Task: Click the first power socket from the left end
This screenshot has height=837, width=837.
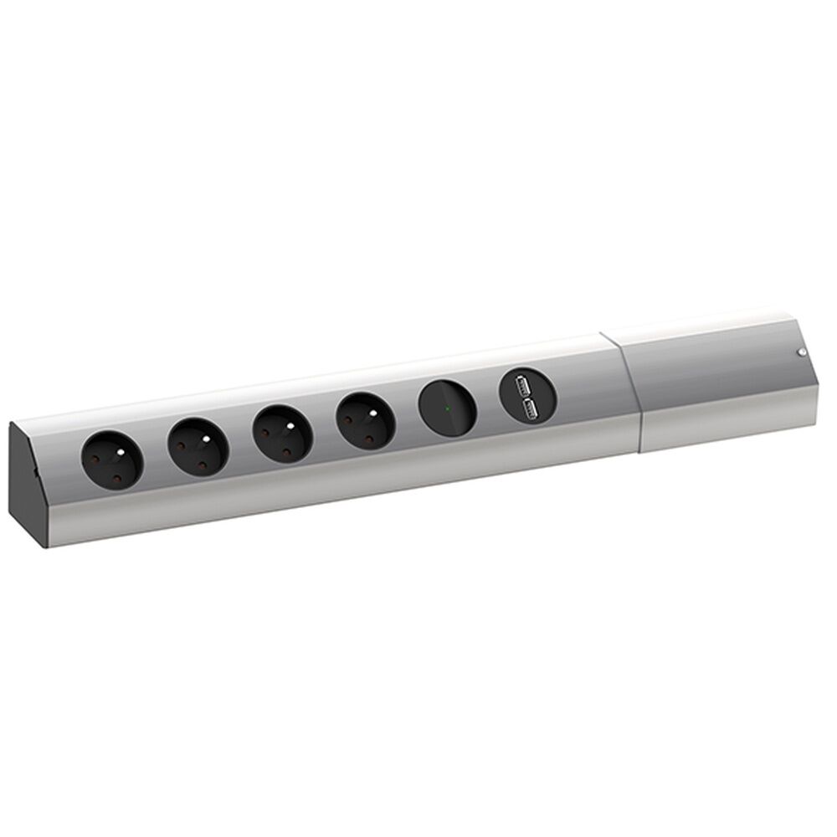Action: pos(111,458)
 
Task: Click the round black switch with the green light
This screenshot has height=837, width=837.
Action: pos(447,408)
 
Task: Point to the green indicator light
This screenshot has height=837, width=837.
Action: pos(448,408)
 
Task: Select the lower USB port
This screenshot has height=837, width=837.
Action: pos(529,407)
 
